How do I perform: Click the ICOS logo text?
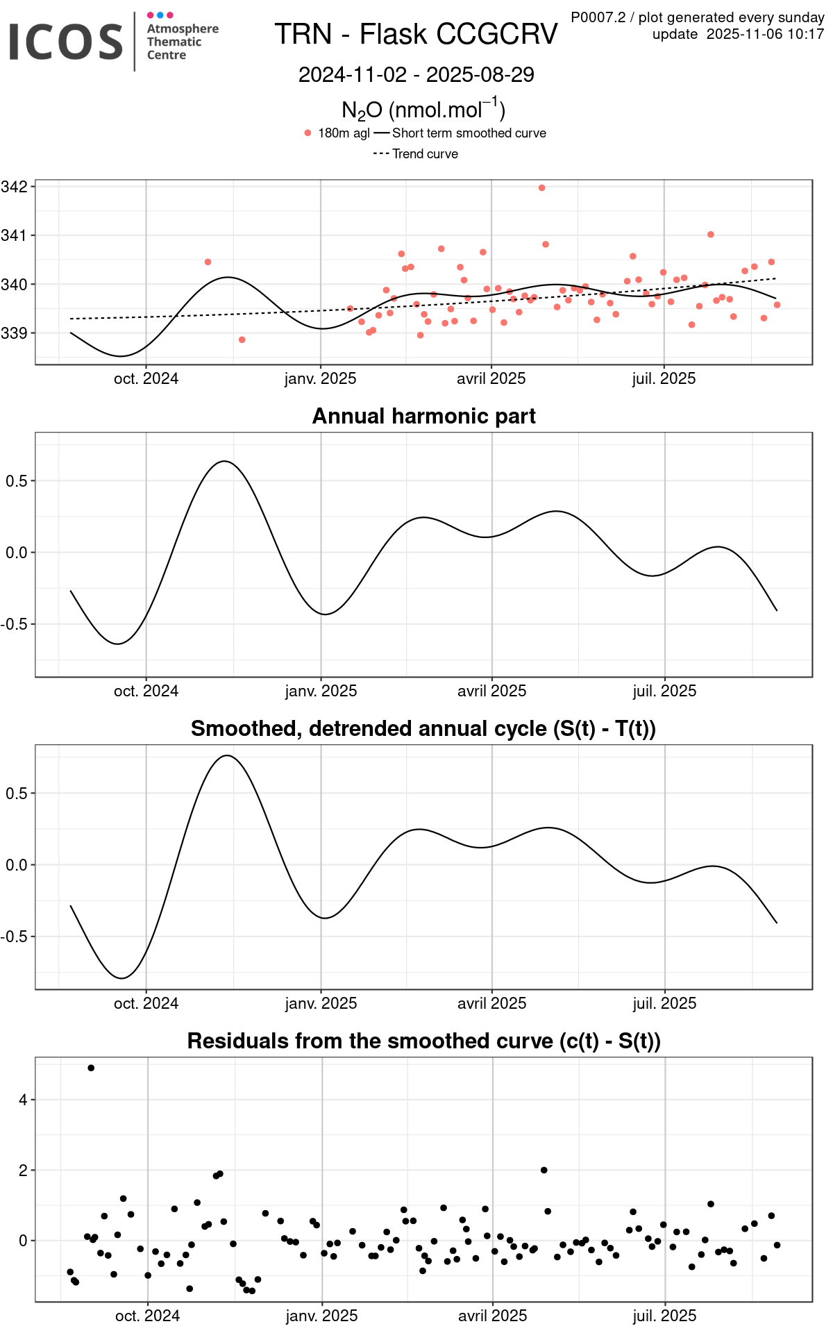[x=66, y=41]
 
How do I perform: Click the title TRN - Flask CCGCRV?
[x=416, y=34]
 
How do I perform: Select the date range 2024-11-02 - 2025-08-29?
[x=416, y=75]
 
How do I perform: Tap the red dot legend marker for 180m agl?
[x=308, y=133]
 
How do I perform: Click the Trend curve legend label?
[x=425, y=154]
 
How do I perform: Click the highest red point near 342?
[x=542, y=188]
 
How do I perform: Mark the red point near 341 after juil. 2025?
[x=711, y=235]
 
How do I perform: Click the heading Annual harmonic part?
[x=423, y=416]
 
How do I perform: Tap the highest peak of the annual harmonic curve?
[x=224, y=461]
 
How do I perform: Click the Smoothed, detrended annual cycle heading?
[x=423, y=728]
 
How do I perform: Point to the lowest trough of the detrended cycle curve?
[x=122, y=978]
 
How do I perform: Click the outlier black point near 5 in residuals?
[x=91, y=1068]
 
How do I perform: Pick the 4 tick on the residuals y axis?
[x=23, y=1100]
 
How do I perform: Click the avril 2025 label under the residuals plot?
[x=492, y=1316]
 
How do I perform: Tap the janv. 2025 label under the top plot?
[x=320, y=379]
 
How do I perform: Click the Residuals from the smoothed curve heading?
[x=423, y=1041]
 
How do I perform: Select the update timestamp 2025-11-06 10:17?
[x=765, y=34]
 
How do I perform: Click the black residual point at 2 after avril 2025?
[x=544, y=1170]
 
